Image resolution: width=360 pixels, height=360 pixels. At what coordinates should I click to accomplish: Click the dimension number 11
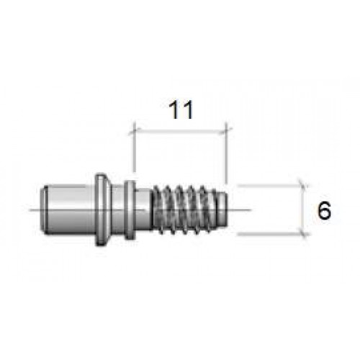[181, 110]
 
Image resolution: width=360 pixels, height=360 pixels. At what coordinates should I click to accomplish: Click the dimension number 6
[324, 210]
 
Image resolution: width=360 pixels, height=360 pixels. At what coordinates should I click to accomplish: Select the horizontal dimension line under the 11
[180, 131]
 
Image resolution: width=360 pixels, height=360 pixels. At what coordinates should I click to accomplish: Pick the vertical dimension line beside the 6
[304, 210]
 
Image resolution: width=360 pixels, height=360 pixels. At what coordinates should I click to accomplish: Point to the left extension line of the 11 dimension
[134, 147]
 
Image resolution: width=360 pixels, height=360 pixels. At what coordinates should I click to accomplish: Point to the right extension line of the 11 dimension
[226, 153]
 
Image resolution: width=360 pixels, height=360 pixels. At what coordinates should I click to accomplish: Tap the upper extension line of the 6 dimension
[272, 185]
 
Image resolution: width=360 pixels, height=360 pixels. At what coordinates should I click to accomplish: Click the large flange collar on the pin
[103, 210]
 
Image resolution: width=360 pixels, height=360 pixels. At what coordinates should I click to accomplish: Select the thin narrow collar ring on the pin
[130, 210]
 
